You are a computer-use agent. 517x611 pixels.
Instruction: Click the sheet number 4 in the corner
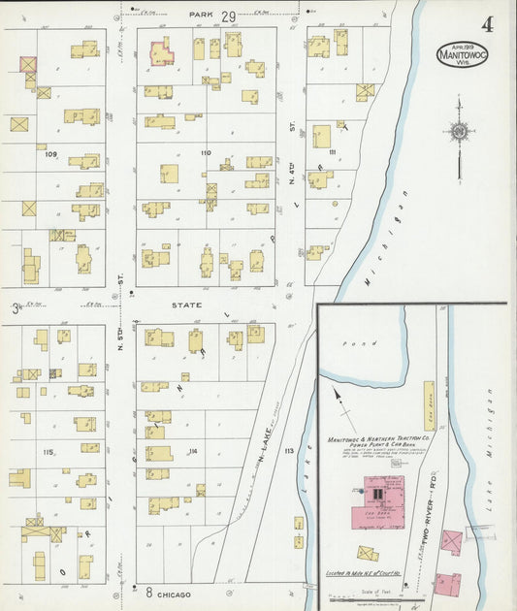pyautogui.click(x=485, y=25)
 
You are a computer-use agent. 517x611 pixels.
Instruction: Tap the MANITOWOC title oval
pyautogui.click(x=462, y=53)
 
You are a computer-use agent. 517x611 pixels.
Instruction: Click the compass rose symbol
pyautogui.click(x=459, y=133)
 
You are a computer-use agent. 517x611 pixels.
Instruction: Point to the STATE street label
pyautogui.click(x=186, y=305)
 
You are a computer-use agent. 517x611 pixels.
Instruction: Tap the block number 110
pyautogui.click(x=205, y=153)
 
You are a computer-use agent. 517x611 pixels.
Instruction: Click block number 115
pyautogui.click(x=48, y=452)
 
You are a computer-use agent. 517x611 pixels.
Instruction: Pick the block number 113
pyautogui.click(x=288, y=452)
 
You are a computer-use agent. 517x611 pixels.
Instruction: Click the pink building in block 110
pyautogui.click(x=161, y=52)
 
